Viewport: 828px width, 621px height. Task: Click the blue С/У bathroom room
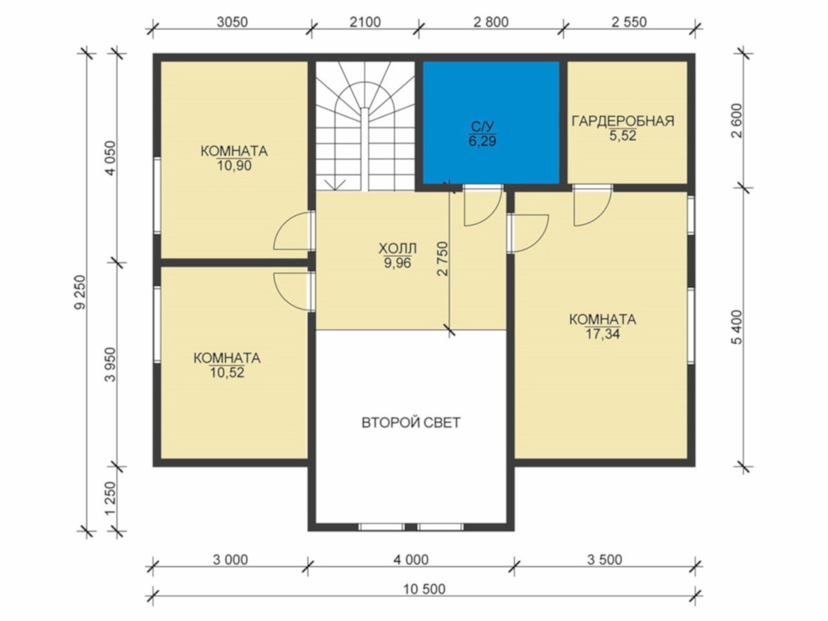click(x=491, y=122)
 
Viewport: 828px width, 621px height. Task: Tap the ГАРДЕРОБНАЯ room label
click(x=623, y=122)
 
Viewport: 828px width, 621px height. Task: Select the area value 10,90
click(x=234, y=166)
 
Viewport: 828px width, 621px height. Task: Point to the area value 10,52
click(x=227, y=373)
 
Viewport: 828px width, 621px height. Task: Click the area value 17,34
click(x=602, y=334)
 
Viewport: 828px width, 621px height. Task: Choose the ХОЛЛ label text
click(x=398, y=249)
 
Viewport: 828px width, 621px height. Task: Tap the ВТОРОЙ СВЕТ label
click(x=411, y=422)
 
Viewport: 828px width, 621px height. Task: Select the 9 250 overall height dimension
click(x=80, y=292)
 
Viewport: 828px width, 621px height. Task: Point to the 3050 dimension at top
click(x=232, y=22)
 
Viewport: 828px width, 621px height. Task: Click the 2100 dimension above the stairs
click(x=365, y=22)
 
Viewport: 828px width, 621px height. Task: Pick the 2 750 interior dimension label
click(x=443, y=259)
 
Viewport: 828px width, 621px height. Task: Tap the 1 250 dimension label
click(x=110, y=499)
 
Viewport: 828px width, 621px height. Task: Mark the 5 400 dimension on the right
click(x=736, y=327)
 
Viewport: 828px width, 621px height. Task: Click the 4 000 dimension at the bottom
click(x=411, y=560)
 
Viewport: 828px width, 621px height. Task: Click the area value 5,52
click(x=623, y=135)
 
